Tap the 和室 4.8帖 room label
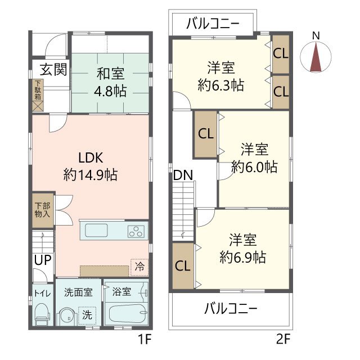pyautogui.click(x=110, y=82)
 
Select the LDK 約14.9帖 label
pyautogui.click(x=91, y=166)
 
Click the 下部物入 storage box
pyautogui.click(x=43, y=210)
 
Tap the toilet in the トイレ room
pyautogui.click(x=42, y=316)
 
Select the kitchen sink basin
pyautogui.click(x=97, y=231)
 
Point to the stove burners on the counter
pyautogui.click(x=136, y=231)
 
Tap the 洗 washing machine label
pyautogui.click(x=87, y=314)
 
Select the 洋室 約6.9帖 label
pyautogui.click(x=242, y=249)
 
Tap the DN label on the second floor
pyautogui.click(x=183, y=175)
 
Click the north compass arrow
pyautogui.click(x=316, y=58)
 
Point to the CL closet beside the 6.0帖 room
pyautogui.click(x=206, y=134)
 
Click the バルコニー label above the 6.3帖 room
pyautogui.click(x=213, y=24)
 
